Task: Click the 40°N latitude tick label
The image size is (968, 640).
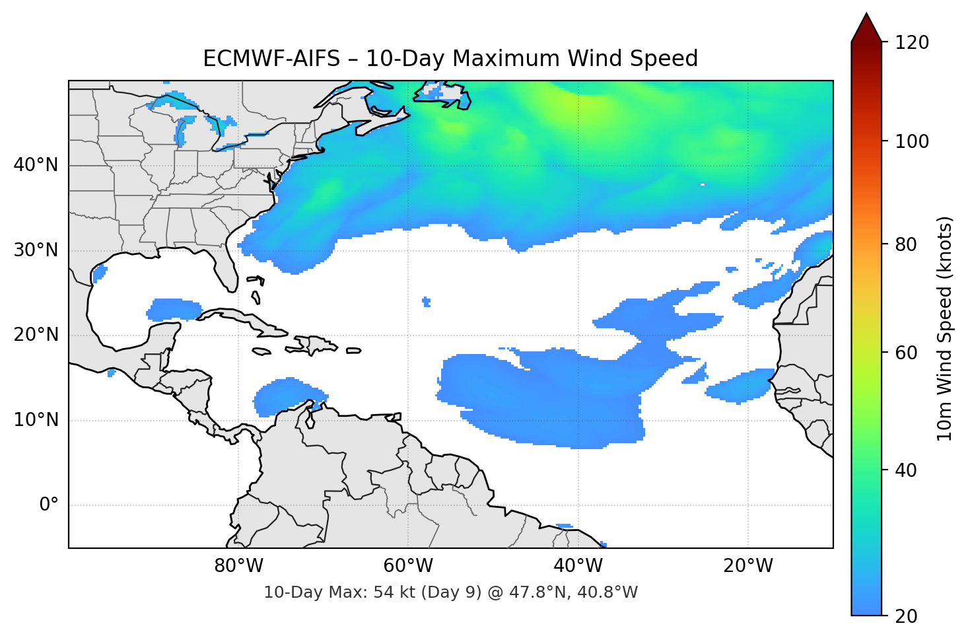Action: point(36,165)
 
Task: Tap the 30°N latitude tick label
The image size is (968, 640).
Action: point(36,250)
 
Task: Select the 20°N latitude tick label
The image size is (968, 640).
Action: point(36,335)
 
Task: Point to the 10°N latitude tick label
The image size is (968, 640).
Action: point(36,420)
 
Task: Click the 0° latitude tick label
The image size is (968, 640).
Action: point(49,505)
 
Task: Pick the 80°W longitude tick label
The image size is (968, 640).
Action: point(238,566)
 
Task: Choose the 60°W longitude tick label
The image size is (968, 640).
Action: point(408,566)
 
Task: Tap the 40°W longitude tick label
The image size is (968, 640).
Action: point(578,566)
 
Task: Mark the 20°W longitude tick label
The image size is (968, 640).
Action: point(748,566)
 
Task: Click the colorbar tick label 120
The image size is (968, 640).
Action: point(912,42)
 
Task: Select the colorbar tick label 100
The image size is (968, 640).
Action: point(912,141)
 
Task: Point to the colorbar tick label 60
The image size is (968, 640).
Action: point(906,353)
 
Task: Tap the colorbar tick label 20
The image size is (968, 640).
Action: point(906,616)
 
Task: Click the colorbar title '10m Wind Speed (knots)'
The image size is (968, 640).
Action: point(945,328)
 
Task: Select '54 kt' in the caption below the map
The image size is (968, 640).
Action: point(392,592)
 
